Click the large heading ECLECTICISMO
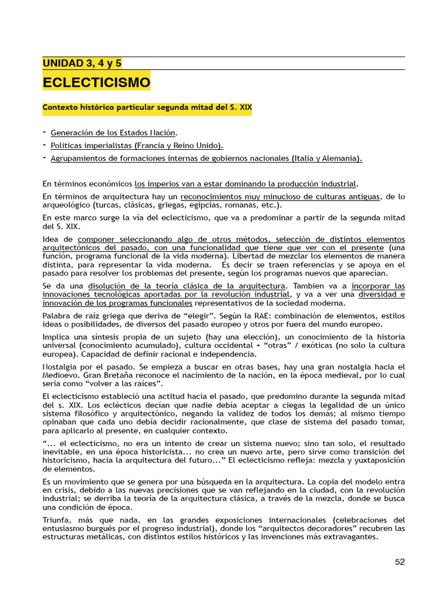coord(96,82)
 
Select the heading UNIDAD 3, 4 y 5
coord(82,64)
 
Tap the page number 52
coord(400,562)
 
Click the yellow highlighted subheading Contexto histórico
coord(147,108)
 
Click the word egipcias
coord(208,205)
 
